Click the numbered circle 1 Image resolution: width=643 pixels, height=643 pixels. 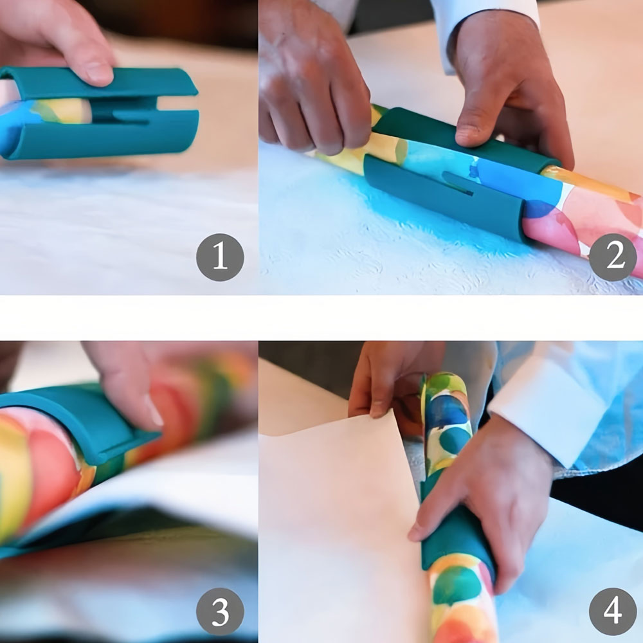click(x=220, y=258)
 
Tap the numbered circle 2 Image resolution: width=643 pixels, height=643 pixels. click(x=613, y=258)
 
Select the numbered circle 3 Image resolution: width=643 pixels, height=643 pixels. click(x=220, y=612)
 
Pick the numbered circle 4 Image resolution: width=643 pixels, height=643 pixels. click(x=613, y=612)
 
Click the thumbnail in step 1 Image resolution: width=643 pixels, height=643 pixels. click(x=98, y=73)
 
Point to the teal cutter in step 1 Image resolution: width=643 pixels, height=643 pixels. click(x=98, y=113)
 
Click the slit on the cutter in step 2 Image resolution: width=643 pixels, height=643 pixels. click(x=458, y=183)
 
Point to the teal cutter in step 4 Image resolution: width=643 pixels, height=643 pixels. click(x=453, y=529)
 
